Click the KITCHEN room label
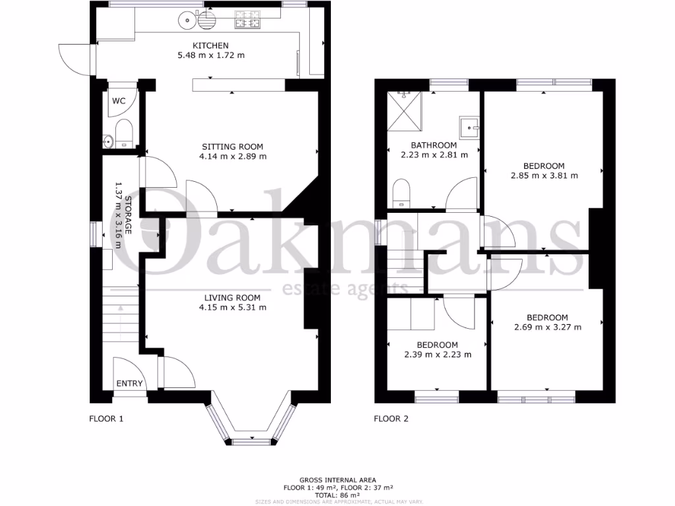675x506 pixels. tap(211, 45)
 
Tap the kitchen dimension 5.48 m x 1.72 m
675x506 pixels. tap(211, 55)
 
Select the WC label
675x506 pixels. tap(119, 101)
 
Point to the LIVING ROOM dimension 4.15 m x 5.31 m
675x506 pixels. tap(234, 307)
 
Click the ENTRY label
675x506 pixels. tap(129, 383)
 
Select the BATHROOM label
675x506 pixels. tap(434, 145)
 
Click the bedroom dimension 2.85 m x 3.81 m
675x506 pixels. tap(544, 176)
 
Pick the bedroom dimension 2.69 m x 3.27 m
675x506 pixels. tap(547, 327)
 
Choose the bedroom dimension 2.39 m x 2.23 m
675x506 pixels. tap(438, 354)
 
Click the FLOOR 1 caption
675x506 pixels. tap(106, 418)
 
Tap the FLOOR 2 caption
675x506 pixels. tap(392, 418)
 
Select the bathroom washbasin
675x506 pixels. tap(469, 126)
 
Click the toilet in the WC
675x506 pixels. tap(124, 134)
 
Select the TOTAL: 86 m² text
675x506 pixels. tap(337, 495)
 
